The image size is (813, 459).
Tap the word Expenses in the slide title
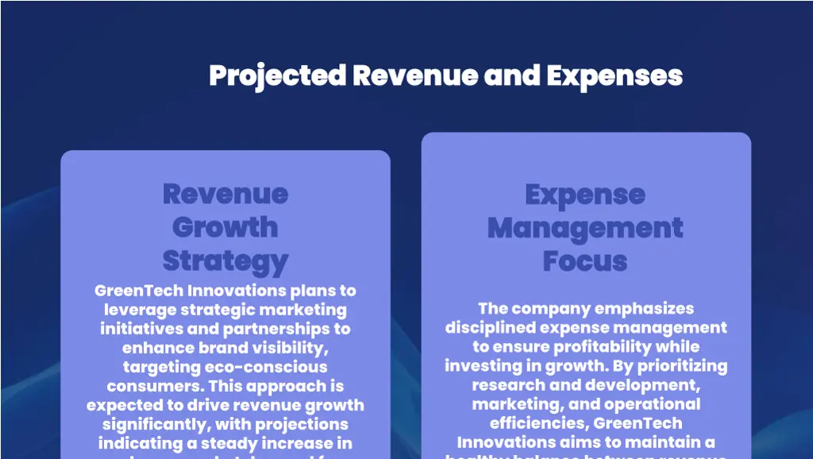point(615,76)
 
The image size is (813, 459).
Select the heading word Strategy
point(225,260)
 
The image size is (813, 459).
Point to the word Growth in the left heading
point(225,227)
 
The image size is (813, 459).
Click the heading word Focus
point(585,260)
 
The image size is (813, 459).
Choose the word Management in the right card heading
point(585,228)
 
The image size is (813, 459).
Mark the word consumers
point(151,386)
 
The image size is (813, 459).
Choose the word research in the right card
point(507,384)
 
